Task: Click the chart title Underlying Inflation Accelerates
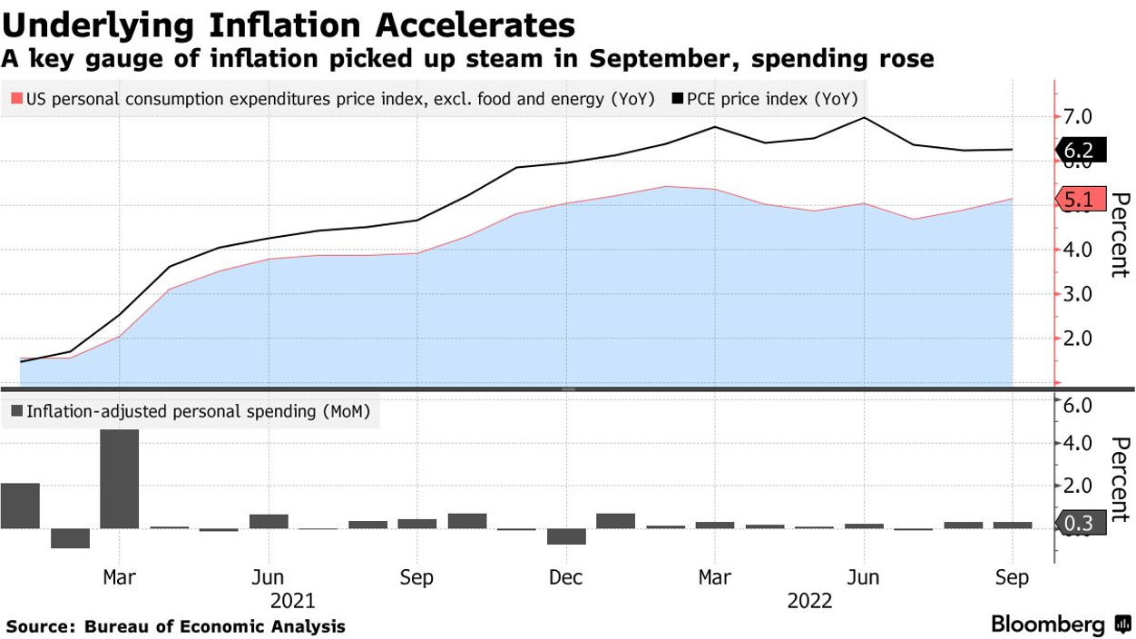(289, 25)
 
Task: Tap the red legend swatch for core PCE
(16, 99)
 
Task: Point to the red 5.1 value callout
(1080, 200)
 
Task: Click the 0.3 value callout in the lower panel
(1080, 523)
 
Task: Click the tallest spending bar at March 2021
(119, 478)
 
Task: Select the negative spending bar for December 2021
(566, 536)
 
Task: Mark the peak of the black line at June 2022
(863, 118)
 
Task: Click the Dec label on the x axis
(566, 578)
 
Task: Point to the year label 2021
(292, 601)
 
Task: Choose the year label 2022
(809, 601)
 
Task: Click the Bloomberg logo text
(1047, 624)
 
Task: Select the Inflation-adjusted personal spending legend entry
(190, 412)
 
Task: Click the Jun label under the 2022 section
(863, 578)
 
